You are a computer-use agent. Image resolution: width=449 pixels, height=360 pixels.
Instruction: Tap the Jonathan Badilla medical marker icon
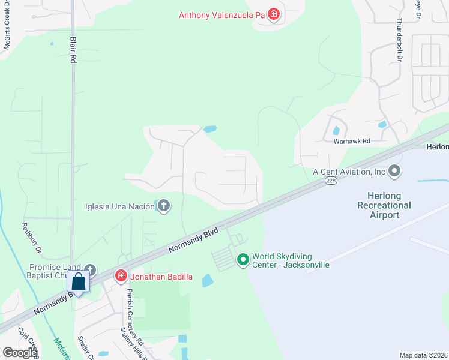pos(121,276)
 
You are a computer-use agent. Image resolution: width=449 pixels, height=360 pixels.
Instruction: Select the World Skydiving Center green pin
pos(243,260)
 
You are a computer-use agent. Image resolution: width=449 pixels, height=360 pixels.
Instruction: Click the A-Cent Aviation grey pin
pos(394,172)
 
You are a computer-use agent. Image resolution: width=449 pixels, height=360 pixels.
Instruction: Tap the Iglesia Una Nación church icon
pos(163,206)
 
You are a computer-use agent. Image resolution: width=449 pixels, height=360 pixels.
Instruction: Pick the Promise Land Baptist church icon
pos(90,270)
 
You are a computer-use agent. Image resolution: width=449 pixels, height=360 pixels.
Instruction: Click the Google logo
pos(20,353)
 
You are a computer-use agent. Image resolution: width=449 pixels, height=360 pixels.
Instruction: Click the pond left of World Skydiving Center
pos(208,280)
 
